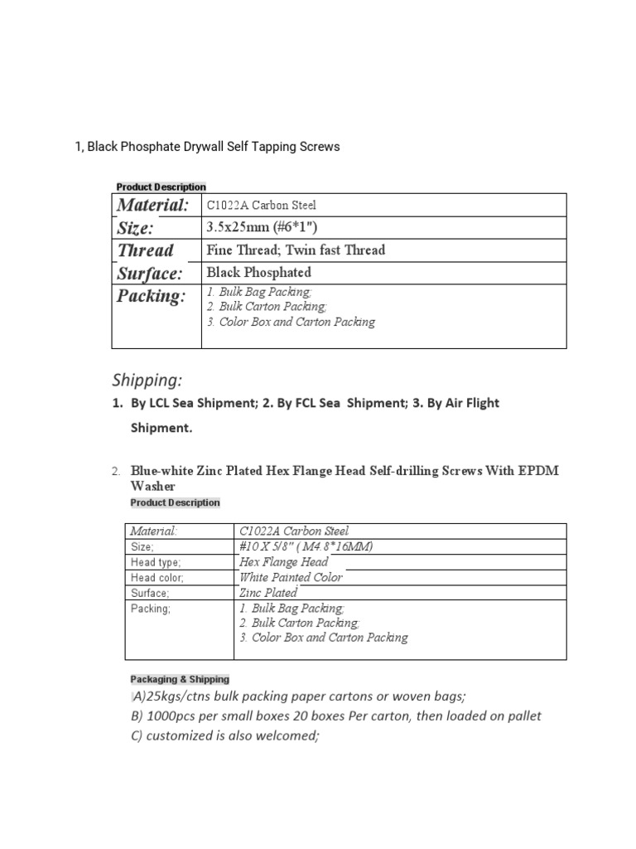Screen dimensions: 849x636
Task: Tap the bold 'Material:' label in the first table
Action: coord(153,205)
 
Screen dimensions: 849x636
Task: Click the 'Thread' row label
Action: coord(146,250)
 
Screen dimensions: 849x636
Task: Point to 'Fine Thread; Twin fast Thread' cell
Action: coord(296,250)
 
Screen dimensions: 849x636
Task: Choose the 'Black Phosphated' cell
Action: coord(259,272)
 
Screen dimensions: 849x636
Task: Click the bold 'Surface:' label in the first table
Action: coord(149,273)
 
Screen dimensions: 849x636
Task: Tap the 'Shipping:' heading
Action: coord(147,381)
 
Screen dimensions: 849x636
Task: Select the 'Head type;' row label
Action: coord(150,562)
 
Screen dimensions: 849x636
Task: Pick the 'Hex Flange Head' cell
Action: coord(282,562)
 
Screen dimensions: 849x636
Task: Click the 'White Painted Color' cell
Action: coord(290,577)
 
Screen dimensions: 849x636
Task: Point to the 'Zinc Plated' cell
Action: coord(267,593)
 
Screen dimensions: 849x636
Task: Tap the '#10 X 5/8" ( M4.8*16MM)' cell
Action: coord(311,546)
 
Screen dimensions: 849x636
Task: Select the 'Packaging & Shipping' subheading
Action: coord(180,679)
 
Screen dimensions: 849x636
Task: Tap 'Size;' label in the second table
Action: coord(142,546)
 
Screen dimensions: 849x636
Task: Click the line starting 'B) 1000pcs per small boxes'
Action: coord(335,716)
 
